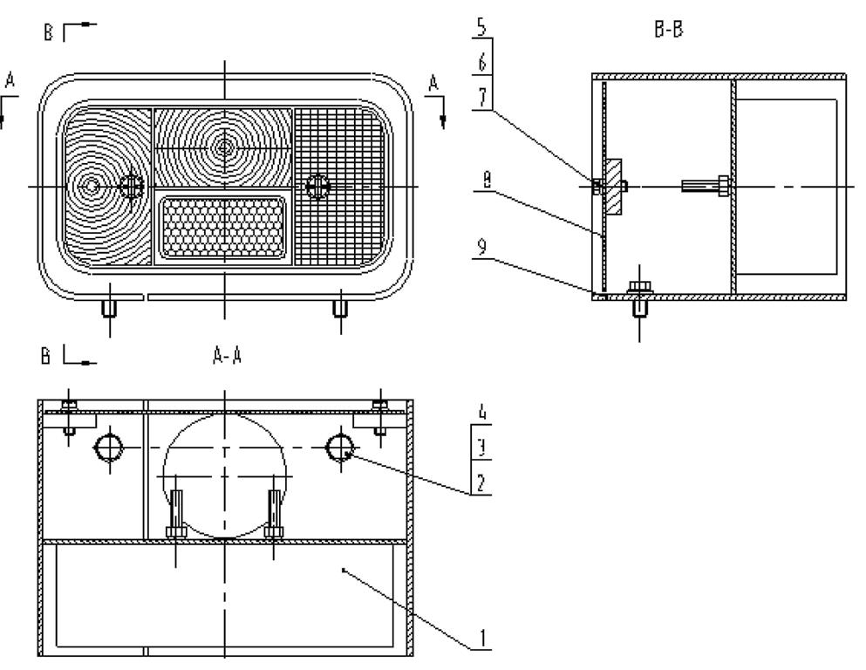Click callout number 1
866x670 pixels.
click(x=482, y=638)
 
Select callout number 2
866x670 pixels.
click(x=481, y=483)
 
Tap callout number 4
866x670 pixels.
click(x=482, y=413)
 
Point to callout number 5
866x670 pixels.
click(x=481, y=26)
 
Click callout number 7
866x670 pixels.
click(x=482, y=97)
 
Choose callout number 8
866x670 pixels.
click(x=487, y=180)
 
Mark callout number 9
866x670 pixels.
click(x=481, y=248)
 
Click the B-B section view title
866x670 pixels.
click(x=668, y=29)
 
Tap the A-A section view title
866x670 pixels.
click(x=227, y=356)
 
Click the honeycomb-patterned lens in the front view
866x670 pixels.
click(x=223, y=227)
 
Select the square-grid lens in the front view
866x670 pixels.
click(x=338, y=187)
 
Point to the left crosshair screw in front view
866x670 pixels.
click(x=132, y=186)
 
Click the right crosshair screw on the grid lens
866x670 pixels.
click(x=317, y=186)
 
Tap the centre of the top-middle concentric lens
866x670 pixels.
click(x=224, y=147)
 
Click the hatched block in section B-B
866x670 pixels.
click(x=613, y=187)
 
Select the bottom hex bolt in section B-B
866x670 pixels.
click(x=639, y=297)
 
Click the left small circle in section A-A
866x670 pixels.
click(x=109, y=448)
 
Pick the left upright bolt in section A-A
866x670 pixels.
click(x=177, y=514)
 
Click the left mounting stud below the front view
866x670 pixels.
click(x=109, y=308)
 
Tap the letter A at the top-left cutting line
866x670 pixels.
click(x=10, y=80)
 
